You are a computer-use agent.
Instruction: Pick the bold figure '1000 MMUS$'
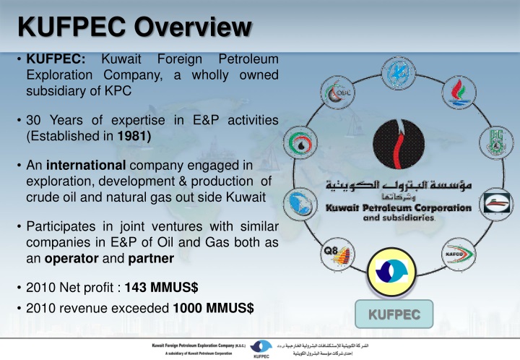click(213, 307)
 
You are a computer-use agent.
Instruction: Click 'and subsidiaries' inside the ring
click(398, 218)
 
